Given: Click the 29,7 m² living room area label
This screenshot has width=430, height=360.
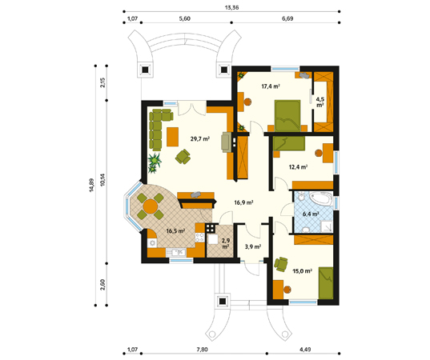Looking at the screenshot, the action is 200,139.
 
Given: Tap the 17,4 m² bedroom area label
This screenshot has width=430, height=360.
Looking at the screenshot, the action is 271,86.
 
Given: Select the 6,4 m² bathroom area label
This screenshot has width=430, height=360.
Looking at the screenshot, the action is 311,214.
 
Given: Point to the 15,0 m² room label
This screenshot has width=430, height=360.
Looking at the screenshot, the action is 302,271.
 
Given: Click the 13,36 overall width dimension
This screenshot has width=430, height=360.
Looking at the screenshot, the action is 231,7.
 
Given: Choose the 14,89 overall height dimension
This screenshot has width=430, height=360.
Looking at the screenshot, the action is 91,186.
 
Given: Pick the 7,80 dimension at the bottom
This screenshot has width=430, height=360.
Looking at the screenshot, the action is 202,350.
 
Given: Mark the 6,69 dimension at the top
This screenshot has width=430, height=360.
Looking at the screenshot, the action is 287,18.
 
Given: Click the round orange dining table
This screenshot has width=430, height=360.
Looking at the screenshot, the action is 151,206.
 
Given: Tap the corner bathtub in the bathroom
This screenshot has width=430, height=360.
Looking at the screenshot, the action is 321,198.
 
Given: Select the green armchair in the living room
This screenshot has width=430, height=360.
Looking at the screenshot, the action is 183,157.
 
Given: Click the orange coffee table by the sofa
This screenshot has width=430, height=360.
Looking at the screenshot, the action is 172,137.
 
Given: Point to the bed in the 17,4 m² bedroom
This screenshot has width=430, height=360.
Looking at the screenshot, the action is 287,116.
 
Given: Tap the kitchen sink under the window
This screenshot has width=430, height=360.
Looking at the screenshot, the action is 176,252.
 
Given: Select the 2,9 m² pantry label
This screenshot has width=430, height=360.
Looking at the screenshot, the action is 226,243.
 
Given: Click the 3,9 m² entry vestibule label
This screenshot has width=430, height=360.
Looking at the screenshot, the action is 252,246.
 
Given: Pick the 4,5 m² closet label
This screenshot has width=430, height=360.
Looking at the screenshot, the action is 320,102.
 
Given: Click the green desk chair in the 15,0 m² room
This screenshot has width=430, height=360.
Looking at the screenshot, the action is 281,264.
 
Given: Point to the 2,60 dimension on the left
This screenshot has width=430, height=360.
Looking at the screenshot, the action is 102,285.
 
